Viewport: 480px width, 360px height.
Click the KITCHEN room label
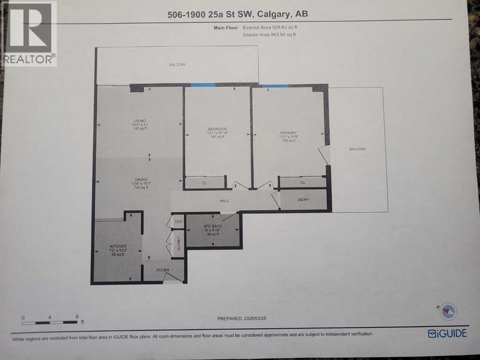(118, 246)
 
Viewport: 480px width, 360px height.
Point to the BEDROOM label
(217, 129)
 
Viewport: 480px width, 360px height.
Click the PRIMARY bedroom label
(289, 133)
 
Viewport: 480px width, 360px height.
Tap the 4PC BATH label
(212, 227)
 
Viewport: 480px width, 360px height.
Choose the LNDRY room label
(303, 200)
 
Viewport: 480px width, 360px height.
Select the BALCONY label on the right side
(357, 149)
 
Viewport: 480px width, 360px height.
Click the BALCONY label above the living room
(177, 64)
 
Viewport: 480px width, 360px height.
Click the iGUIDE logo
(447, 333)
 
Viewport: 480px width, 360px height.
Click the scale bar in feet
(50, 322)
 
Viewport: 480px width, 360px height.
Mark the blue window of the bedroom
(202, 85)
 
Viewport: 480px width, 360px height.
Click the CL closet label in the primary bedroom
(303, 183)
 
